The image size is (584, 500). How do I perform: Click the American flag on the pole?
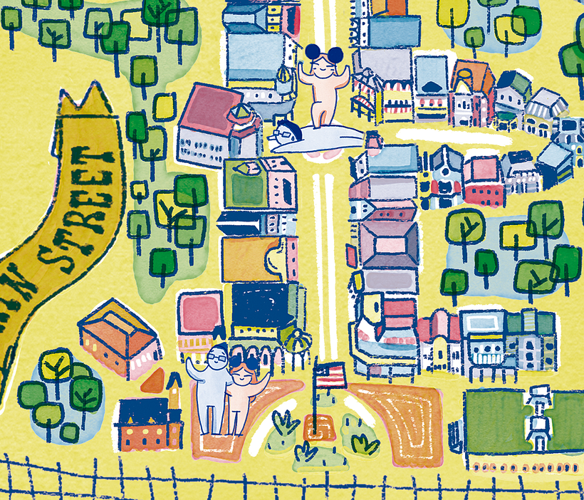[330, 375]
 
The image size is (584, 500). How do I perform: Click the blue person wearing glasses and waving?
[213, 388]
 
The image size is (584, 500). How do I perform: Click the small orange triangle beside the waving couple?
[152, 382]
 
